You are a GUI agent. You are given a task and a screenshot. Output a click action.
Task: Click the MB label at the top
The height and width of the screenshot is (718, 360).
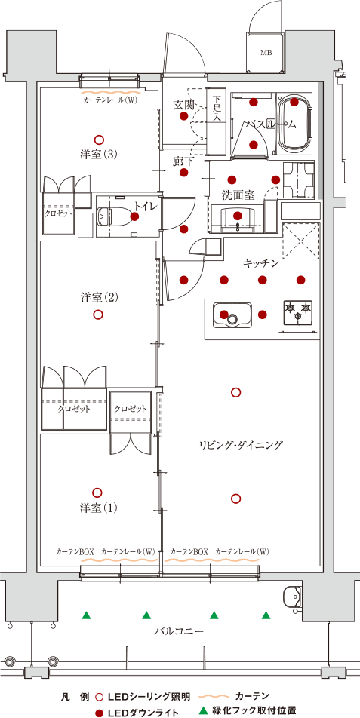[266, 53]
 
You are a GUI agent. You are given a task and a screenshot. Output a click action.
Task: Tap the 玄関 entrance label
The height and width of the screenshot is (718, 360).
[183, 105]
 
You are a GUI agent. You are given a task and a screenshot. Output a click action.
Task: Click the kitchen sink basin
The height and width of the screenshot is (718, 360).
[232, 315]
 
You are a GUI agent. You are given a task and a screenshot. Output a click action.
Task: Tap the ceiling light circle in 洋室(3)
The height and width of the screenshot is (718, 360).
[97, 140]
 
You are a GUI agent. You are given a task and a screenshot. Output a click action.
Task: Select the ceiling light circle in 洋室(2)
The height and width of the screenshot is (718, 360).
[97, 315]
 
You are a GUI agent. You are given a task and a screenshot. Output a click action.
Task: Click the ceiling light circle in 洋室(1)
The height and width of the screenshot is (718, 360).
[97, 492]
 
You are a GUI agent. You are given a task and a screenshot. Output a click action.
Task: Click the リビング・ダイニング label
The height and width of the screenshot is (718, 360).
[242, 444]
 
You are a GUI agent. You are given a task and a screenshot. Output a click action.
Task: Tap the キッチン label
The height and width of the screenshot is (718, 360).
[260, 262]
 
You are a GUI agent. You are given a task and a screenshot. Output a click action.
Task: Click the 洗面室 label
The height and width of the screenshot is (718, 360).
[238, 195]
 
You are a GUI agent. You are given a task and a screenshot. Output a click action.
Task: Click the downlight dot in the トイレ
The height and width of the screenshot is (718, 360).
[134, 216]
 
